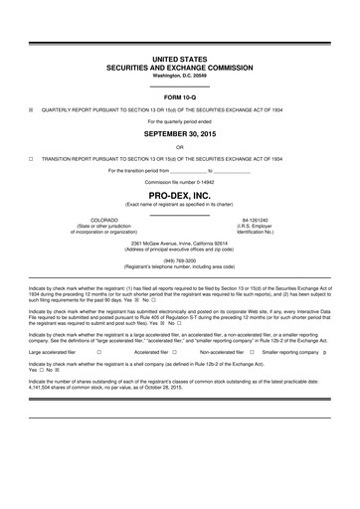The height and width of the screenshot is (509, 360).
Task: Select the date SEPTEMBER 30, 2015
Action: point(180,131)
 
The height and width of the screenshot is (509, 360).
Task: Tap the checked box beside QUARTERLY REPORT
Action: point(31,109)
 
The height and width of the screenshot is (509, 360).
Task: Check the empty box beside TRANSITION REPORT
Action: point(31,158)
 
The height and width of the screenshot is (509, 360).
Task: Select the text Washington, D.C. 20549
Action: point(180,76)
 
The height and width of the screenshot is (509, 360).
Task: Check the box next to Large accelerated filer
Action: point(98,351)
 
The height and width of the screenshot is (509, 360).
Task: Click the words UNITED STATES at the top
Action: point(180,60)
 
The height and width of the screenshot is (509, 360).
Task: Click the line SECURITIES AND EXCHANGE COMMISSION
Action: point(180,68)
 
